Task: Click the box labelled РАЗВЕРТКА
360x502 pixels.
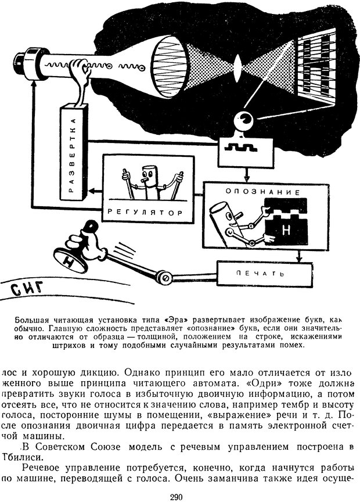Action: click(x=72, y=152)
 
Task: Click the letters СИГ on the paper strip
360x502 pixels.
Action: click(x=26, y=289)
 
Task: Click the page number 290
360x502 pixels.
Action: click(x=177, y=496)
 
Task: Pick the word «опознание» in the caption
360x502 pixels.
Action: click(x=186, y=328)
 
